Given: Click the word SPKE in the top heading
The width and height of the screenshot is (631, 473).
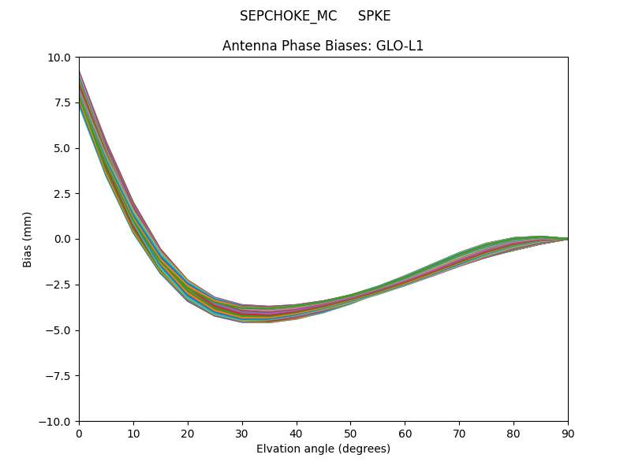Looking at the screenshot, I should (374, 16).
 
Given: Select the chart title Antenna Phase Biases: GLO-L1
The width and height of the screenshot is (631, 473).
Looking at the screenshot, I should (323, 46).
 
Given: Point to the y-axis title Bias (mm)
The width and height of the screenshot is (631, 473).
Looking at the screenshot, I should (28, 239).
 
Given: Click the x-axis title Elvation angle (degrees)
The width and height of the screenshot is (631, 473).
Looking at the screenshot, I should (323, 449).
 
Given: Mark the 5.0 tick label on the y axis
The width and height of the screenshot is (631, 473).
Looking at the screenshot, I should (63, 148).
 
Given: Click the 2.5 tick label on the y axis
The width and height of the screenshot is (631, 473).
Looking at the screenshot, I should (63, 194).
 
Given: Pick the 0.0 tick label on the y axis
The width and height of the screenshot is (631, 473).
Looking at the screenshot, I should (63, 239).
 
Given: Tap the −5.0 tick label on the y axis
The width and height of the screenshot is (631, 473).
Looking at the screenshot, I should (60, 330).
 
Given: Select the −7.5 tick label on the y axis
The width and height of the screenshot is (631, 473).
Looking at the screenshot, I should (60, 376).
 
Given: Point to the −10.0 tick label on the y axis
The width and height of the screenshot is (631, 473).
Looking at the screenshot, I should (58, 422).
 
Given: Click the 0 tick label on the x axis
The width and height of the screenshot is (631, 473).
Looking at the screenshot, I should (79, 433).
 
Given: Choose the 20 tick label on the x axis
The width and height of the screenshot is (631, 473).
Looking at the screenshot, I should (188, 433).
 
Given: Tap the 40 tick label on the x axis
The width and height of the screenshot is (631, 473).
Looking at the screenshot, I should (297, 433).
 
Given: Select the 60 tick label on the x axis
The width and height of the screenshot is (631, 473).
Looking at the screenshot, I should (405, 433).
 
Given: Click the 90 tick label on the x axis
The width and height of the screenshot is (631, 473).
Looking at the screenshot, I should (568, 433).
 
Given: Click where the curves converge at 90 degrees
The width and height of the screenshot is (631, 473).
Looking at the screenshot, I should (567, 239).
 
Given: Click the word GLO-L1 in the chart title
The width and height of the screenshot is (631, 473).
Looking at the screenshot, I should (402, 46).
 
